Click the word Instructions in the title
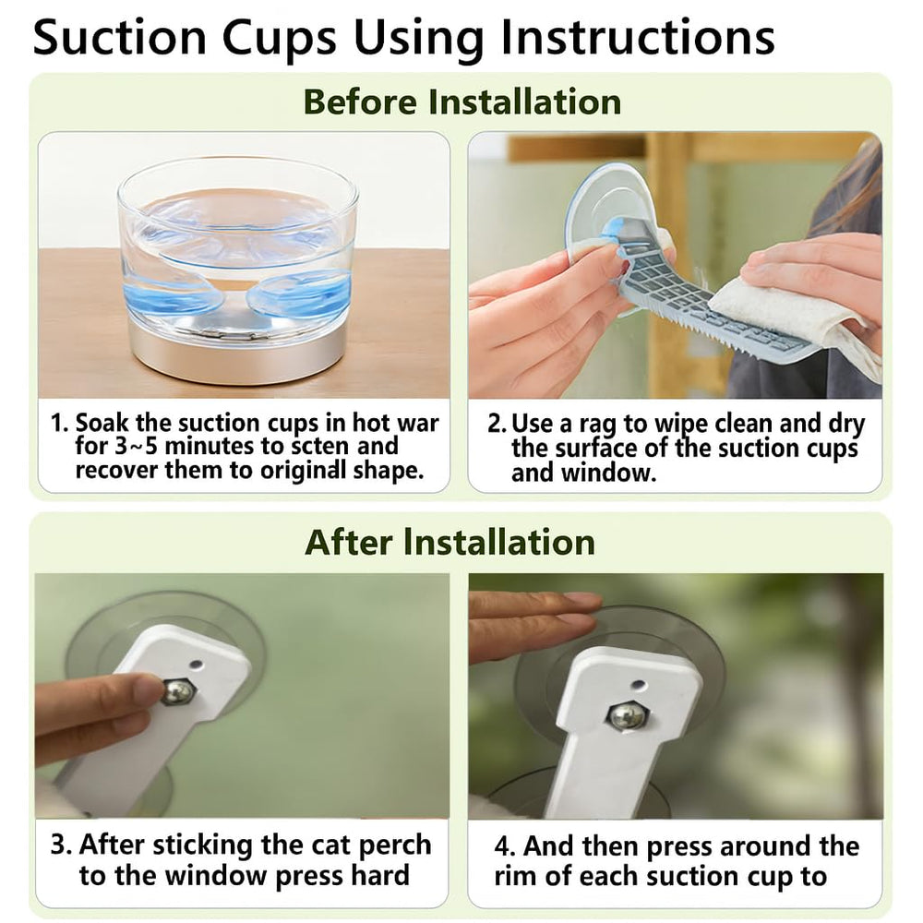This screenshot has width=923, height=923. point(638,38)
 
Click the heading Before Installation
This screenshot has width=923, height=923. point(462,102)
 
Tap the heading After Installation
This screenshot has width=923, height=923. point(450,542)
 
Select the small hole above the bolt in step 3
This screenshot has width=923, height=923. point(196,665)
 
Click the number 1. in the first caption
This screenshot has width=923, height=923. point(61,424)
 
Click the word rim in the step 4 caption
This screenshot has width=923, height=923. point(516,877)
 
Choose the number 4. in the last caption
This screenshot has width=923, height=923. point(505,846)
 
